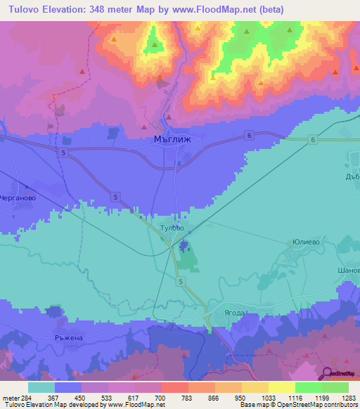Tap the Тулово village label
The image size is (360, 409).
click(x=172, y=228)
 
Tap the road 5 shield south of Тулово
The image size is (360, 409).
click(x=181, y=281)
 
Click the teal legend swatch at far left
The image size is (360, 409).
click(x=41, y=387)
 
